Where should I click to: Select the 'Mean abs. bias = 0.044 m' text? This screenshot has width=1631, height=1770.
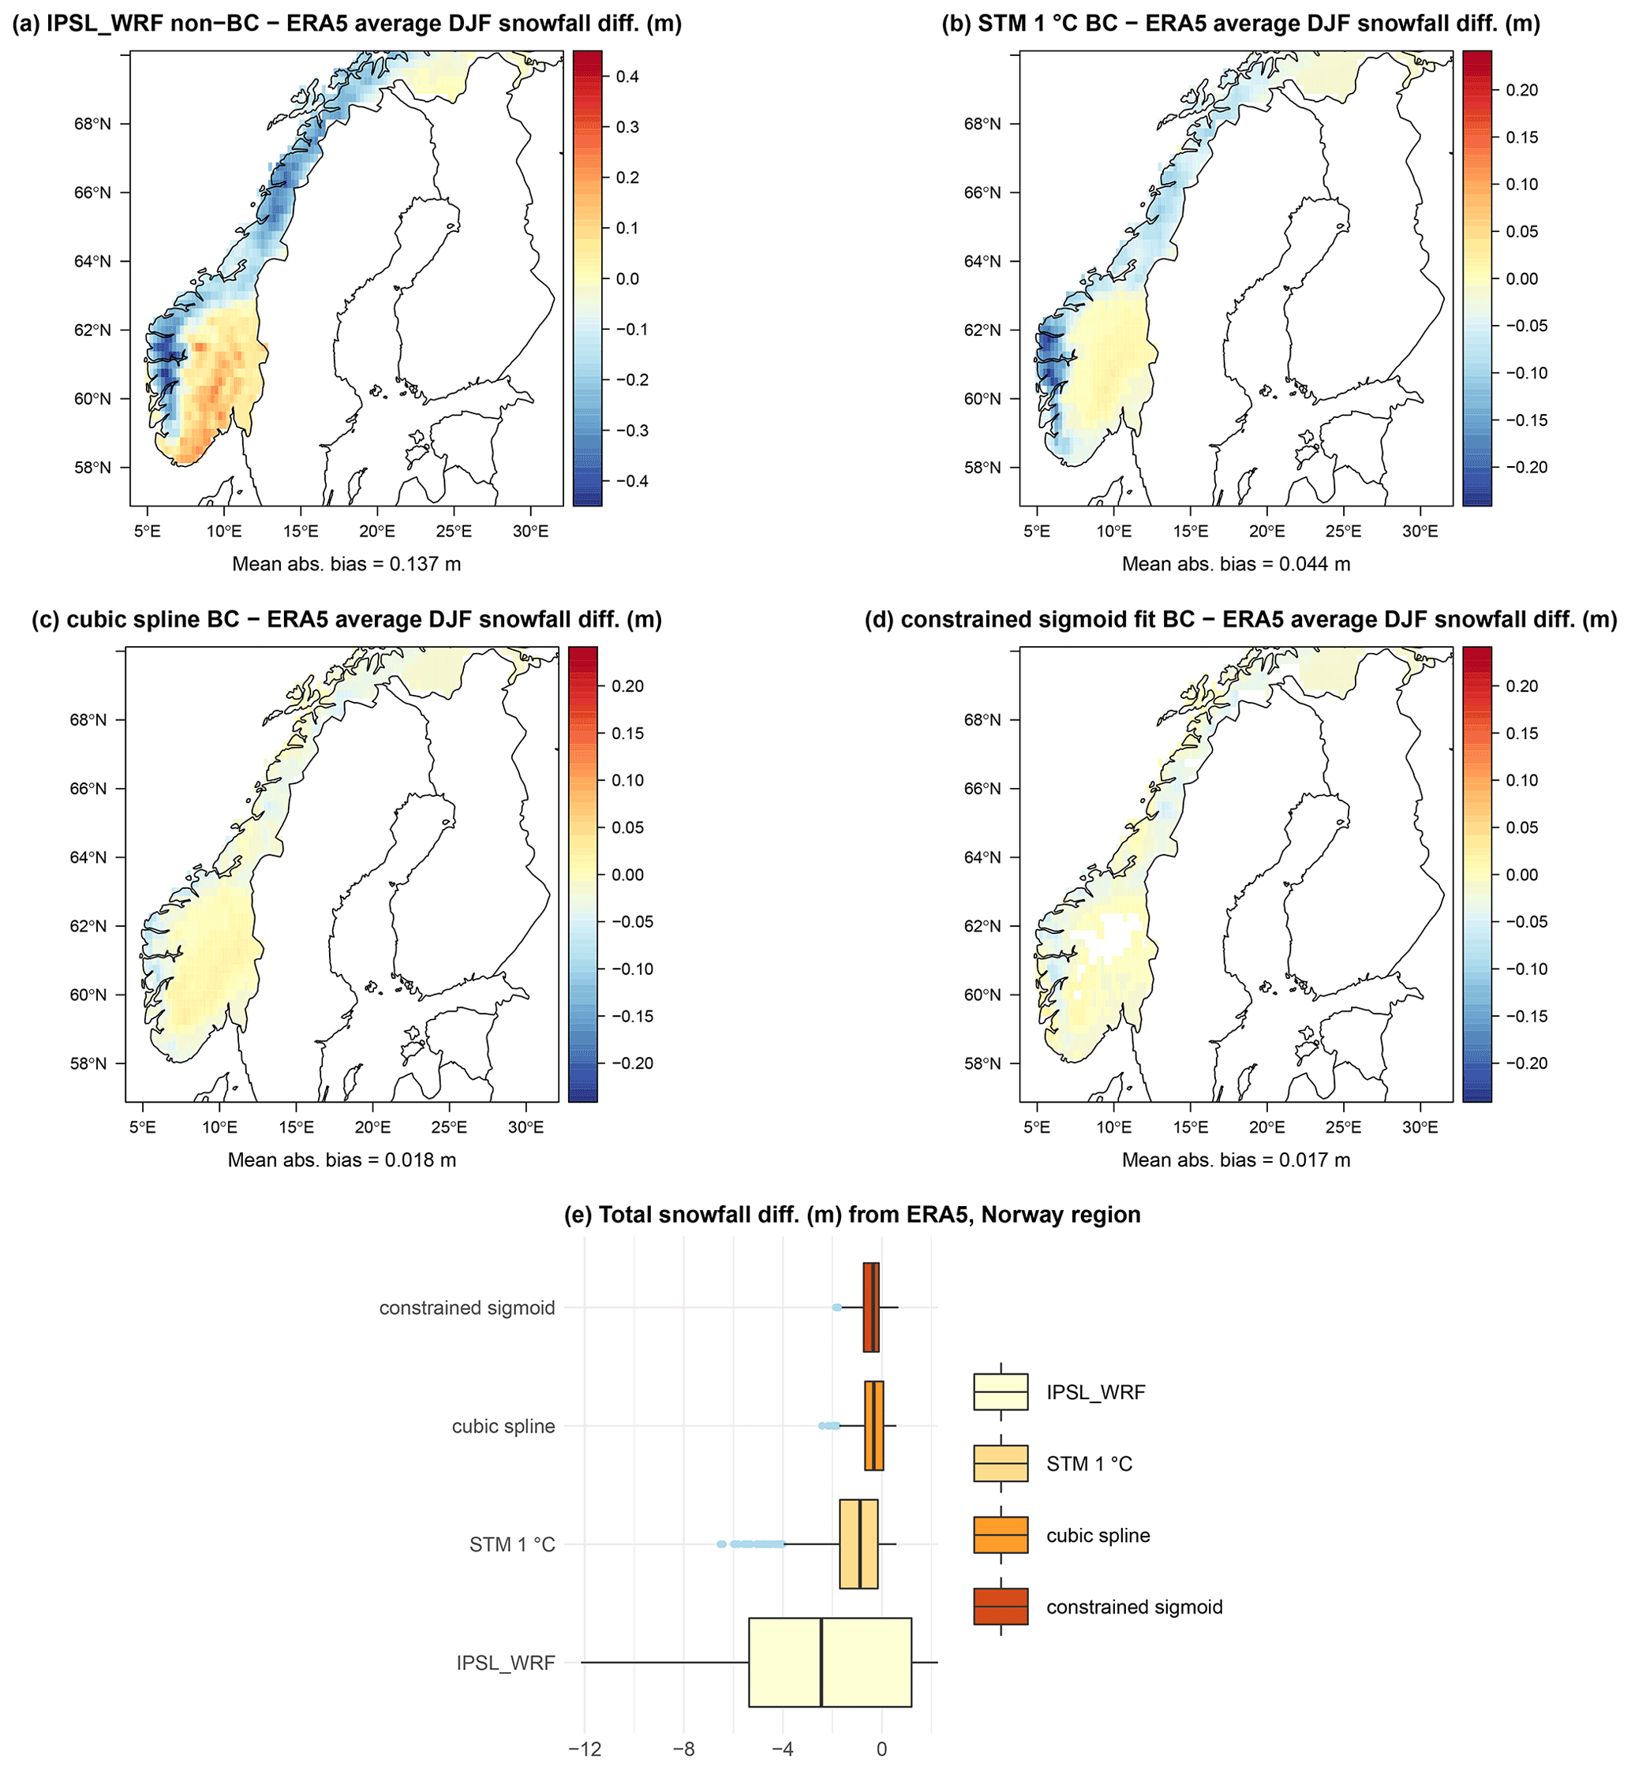1236,564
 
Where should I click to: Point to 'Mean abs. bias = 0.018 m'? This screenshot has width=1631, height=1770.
342,1159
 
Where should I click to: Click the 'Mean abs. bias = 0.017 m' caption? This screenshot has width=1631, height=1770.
1236,1159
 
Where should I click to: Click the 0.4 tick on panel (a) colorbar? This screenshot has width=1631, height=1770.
627,77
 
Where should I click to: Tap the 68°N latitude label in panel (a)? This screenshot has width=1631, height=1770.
92,124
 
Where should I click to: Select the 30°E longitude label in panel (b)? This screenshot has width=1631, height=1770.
1420,531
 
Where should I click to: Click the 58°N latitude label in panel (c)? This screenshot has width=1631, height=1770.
88,1063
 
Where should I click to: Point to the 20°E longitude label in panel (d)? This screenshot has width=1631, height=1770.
1266,1127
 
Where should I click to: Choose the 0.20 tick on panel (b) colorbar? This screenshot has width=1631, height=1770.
1521,90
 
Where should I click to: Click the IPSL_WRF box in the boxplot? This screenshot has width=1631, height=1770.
829,1663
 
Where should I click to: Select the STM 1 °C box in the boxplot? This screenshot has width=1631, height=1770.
859,1544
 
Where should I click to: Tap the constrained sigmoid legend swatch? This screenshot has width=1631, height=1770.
1000,1607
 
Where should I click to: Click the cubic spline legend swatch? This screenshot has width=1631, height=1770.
1000,1535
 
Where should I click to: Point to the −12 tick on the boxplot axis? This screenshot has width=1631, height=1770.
584,1749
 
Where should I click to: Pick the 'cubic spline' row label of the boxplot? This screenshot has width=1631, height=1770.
503,1427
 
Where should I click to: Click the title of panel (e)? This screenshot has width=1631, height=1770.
851,1215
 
